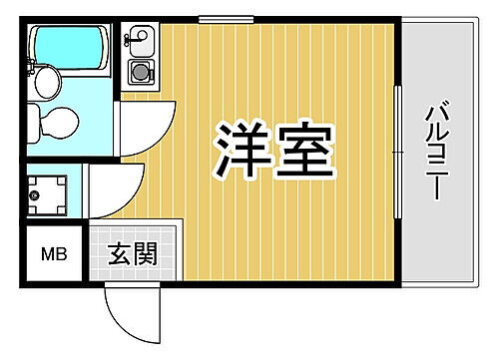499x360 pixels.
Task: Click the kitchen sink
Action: tap(138, 43)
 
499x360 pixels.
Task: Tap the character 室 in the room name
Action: tap(302, 150)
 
